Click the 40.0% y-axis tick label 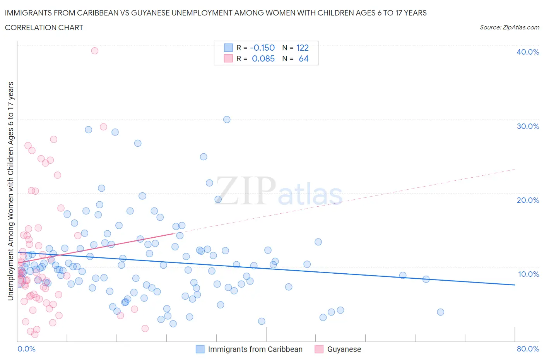click(527, 52)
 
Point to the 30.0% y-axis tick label click(527, 126)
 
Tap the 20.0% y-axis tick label click(527, 200)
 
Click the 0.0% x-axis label click(27, 349)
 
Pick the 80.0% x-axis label click(528, 349)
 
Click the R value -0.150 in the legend click(262, 48)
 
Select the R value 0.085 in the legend click(263, 58)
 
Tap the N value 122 click(303, 48)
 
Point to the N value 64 click(304, 58)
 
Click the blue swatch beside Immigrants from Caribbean click(200, 349)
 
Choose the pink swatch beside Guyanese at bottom click(319, 349)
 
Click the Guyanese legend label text click(344, 349)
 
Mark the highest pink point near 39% click(94, 51)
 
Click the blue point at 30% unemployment click(227, 120)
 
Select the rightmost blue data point click(440, 312)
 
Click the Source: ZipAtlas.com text click(509, 27)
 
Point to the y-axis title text click(10, 191)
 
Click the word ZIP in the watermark click(246, 190)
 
